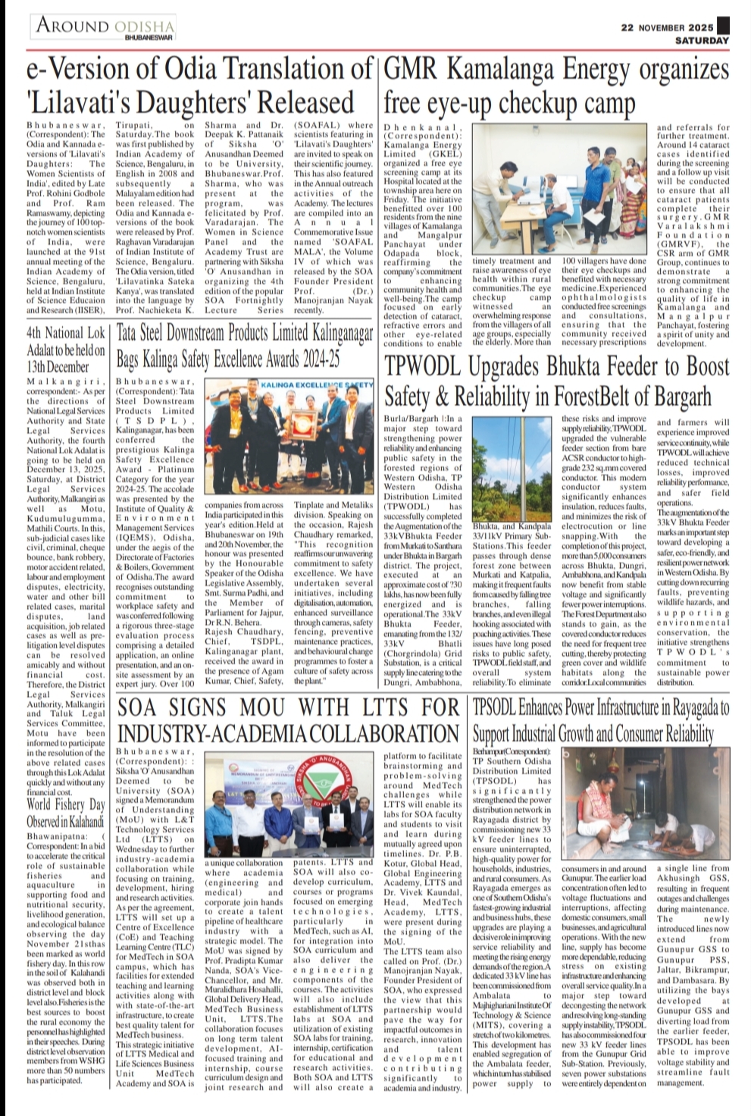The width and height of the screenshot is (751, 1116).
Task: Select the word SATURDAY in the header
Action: (702, 39)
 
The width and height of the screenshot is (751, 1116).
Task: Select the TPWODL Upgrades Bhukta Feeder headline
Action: (557, 380)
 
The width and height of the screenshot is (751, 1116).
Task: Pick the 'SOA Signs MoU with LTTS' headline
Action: (288, 721)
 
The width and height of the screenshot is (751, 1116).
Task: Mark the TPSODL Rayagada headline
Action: (600, 721)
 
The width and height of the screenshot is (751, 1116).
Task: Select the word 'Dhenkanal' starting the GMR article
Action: (412, 128)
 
